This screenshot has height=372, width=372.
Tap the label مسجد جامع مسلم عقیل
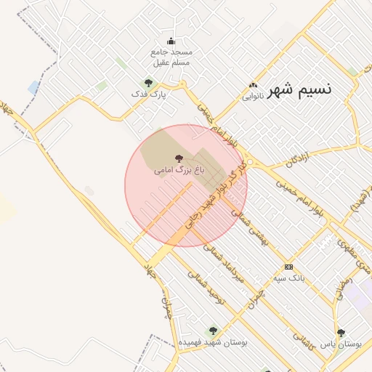171,57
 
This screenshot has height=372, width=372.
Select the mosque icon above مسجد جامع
171,41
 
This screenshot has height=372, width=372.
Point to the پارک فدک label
148,94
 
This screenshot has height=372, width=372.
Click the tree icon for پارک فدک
148,83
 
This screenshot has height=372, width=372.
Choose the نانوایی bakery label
252,95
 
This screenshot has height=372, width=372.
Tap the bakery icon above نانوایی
253,84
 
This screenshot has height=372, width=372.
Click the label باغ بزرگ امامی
179,170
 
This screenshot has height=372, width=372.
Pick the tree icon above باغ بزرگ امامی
179,158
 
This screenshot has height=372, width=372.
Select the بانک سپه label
289,278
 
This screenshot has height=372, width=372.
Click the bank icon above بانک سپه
289,267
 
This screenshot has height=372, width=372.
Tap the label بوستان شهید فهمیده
213,341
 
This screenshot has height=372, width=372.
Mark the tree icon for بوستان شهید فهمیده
213,331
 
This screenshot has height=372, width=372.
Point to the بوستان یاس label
341,343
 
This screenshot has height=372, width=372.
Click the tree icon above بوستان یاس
341,332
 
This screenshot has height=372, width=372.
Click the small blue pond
33,87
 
